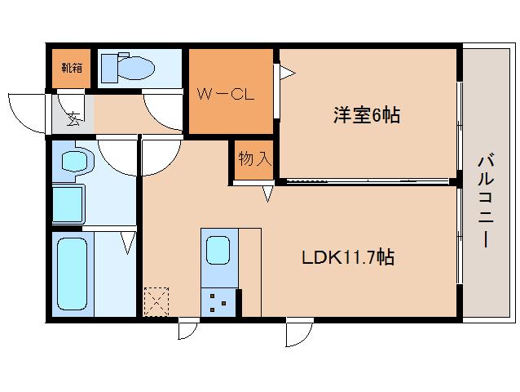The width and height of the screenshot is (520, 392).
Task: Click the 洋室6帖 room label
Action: click(365, 115)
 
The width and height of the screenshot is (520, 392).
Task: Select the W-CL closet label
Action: click(226, 93)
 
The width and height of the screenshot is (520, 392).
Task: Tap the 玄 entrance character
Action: click(73, 120)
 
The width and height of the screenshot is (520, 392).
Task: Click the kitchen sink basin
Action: click(218, 250)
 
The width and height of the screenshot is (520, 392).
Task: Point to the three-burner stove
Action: click(218, 302)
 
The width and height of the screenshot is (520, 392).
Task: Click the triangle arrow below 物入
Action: click(267, 194)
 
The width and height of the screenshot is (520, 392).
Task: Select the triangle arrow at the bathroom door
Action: click(128, 243)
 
